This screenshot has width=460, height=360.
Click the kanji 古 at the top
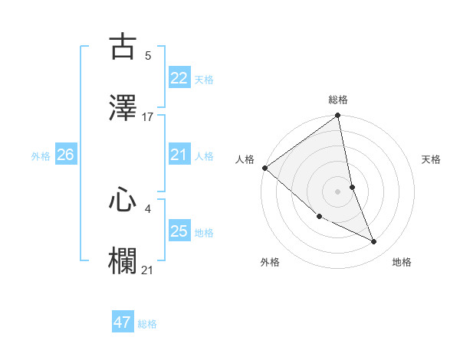click(x=123, y=47)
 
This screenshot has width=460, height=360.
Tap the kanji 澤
click(x=123, y=109)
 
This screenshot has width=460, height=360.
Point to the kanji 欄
click(x=123, y=260)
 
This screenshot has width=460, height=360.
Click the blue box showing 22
click(x=179, y=78)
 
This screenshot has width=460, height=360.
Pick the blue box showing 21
click(x=179, y=155)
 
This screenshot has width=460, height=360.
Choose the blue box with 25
click(x=179, y=231)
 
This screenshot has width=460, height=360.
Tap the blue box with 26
click(x=65, y=155)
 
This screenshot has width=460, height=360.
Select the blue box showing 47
click(x=123, y=322)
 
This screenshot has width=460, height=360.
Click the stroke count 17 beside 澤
click(x=148, y=117)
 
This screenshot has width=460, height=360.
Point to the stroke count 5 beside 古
click(x=148, y=56)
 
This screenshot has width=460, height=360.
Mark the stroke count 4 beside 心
click(x=148, y=208)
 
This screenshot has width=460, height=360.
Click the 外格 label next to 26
click(x=41, y=155)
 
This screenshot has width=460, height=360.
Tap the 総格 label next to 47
click(x=147, y=324)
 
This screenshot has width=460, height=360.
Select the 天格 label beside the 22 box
click(x=204, y=80)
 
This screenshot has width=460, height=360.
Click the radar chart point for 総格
click(x=337, y=116)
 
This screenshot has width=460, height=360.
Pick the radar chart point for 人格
click(x=264, y=168)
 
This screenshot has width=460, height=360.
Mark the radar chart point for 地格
click(x=374, y=242)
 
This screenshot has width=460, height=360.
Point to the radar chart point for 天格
click(x=352, y=187)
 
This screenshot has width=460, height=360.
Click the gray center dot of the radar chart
click(x=337, y=191)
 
